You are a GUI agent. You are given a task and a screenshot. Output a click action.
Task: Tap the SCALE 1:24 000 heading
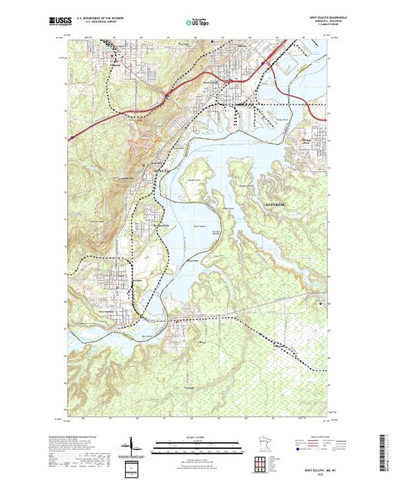pos(192,436)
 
